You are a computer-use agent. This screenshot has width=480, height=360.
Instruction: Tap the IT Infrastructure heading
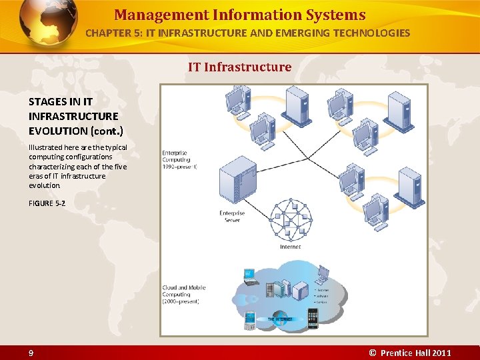pyautogui.click(x=239, y=67)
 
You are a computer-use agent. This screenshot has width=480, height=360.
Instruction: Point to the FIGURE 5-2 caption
pyautogui.click(x=47, y=203)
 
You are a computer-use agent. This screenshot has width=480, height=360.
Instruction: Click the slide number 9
pyautogui.click(x=31, y=353)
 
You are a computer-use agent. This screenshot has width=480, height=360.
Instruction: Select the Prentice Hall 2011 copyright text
pyautogui.click(x=411, y=353)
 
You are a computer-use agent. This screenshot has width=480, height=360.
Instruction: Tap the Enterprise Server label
pyautogui.click(x=232, y=217)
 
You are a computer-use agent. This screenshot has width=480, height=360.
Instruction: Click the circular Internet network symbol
pyautogui.click(x=290, y=219)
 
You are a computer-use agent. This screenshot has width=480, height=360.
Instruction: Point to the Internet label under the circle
pyautogui.click(x=290, y=247)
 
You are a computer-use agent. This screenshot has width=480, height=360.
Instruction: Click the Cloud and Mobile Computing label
pyautogui.click(x=183, y=295)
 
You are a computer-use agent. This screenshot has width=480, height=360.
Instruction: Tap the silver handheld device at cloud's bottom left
pyautogui.click(x=250, y=321)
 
